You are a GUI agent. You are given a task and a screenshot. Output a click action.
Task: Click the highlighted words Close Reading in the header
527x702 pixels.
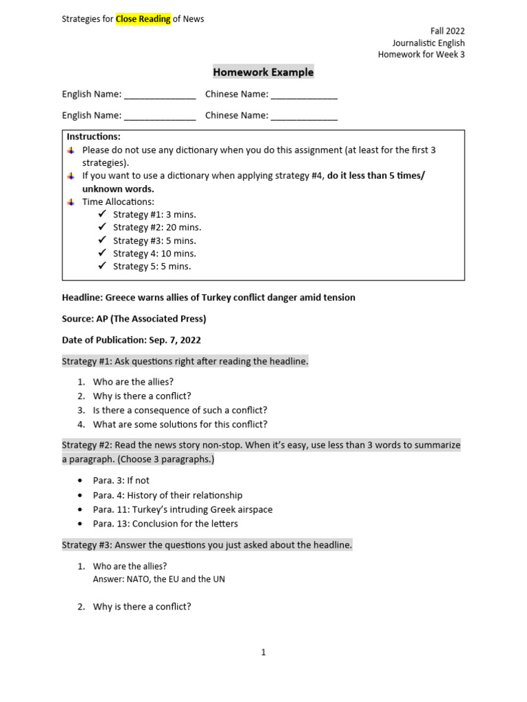(x=143, y=19)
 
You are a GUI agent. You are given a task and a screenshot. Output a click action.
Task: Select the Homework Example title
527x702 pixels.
(x=263, y=72)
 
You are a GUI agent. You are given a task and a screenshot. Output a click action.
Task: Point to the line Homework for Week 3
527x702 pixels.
(x=421, y=55)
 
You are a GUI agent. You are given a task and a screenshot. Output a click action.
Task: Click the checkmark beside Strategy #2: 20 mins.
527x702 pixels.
(x=102, y=227)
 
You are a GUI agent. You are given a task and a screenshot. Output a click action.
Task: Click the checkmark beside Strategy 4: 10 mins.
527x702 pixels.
(x=102, y=253)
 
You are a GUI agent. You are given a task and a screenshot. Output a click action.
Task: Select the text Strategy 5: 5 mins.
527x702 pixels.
(x=152, y=266)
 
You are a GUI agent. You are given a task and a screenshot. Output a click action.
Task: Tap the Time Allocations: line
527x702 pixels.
(x=118, y=202)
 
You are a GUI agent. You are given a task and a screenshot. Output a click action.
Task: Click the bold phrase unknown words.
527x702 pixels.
(x=118, y=189)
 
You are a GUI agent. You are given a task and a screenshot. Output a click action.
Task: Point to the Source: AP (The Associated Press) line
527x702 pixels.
(x=134, y=319)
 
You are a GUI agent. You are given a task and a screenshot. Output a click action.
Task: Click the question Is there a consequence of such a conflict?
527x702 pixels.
(x=180, y=410)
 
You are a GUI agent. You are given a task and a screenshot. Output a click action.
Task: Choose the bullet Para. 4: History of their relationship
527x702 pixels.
(x=167, y=495)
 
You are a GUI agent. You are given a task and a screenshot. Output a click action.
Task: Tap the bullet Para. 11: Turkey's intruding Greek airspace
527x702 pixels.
(x=183, y=509)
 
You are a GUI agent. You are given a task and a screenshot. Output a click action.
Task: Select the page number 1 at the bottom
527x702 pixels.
(x=263, y=653)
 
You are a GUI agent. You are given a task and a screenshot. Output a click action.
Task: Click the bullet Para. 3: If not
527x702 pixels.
(x=121, y=481)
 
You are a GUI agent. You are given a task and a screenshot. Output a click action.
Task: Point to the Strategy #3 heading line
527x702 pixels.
(x=207, y=545)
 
